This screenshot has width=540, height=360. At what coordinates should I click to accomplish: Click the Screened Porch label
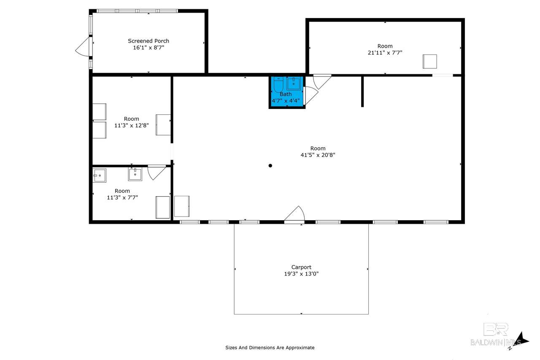148,41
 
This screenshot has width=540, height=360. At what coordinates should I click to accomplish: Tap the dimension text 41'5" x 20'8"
318,155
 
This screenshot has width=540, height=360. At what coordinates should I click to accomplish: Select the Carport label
301,267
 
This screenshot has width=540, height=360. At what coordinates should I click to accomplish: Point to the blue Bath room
287,92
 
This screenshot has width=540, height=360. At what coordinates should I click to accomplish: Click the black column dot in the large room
270,166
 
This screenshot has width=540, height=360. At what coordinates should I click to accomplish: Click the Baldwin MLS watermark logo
495,335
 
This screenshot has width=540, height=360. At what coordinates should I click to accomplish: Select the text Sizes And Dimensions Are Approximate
270,347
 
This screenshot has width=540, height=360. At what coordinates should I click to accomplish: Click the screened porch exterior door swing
83,47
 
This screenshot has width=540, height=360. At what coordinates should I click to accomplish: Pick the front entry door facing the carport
294,214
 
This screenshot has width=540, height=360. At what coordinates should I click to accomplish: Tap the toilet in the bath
278,84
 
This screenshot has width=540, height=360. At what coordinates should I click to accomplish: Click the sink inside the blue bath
293,84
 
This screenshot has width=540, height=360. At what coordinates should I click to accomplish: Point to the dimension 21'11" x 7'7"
385,53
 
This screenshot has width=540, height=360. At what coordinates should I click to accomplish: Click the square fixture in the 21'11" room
429,62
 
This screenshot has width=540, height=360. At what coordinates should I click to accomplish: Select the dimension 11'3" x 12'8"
131,125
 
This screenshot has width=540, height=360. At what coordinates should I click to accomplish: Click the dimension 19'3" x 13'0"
301,273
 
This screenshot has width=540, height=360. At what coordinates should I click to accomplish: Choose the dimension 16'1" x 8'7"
148,48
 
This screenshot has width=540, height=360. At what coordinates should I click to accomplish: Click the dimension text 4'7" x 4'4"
286,100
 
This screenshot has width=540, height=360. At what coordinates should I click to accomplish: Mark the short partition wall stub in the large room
362,92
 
